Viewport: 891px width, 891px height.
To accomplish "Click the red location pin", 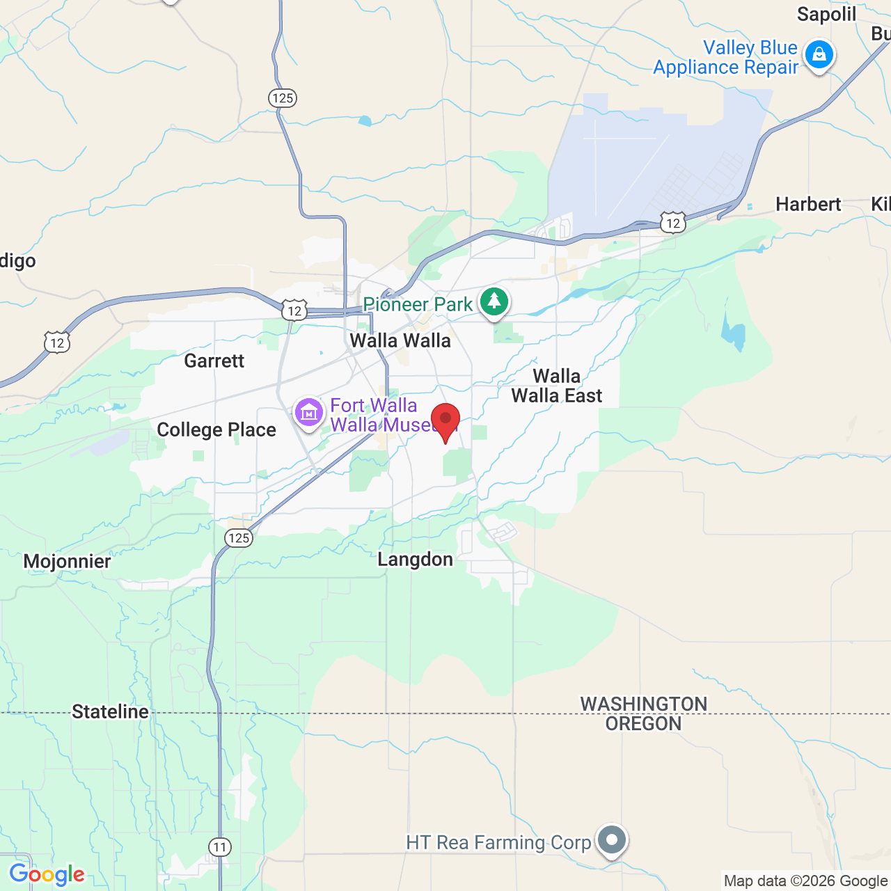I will coord(445,420).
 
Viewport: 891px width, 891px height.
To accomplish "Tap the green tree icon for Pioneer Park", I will coord(494,301).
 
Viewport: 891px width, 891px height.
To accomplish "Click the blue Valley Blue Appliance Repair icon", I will coord(819,55).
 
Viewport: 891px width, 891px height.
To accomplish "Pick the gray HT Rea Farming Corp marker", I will coord(612,840).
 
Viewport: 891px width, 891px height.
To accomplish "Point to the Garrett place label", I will coord(214,361).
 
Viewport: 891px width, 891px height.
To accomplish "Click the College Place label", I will coord(216,429).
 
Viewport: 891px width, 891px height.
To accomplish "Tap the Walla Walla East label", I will coord(556,386).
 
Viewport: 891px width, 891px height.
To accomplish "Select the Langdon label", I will coord(415,560).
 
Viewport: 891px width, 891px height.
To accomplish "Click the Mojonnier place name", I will coord(67,562).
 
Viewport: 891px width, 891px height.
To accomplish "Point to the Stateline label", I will coord(110,711).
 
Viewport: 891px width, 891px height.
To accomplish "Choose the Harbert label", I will coord(808,204).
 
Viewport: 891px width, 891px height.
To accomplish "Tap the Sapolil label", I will coord(826,15).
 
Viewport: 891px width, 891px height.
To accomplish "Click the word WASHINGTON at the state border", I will coord(643,704).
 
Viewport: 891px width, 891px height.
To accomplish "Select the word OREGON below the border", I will coord(643,724).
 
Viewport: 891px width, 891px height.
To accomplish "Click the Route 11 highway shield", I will coord(220,847).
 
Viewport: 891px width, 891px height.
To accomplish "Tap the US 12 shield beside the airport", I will coord(672,223).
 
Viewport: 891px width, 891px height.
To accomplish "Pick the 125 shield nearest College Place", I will coord(239,537).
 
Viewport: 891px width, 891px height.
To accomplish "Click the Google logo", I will coord(47,874).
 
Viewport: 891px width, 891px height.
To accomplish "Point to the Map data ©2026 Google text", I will coord(805,881).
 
